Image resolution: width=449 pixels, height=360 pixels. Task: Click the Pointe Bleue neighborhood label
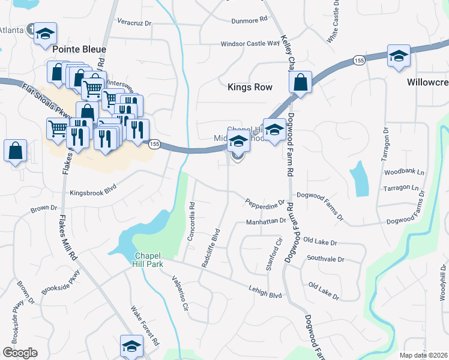point(79,49)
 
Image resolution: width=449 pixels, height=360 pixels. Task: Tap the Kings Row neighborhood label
point(250,87)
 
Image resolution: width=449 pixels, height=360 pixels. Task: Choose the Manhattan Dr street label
point(266,221)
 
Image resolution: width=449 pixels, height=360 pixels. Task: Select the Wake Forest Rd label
point(145,325)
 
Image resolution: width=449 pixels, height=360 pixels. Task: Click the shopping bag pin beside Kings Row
point(301,82)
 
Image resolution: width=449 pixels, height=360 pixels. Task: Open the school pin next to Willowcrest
point(399,56)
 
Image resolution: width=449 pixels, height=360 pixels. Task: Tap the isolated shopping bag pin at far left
point(15,151)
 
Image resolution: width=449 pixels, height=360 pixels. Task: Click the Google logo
point(20,353)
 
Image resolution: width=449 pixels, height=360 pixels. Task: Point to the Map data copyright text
point(423,355)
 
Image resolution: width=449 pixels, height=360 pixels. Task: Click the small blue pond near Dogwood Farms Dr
point(360,179)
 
